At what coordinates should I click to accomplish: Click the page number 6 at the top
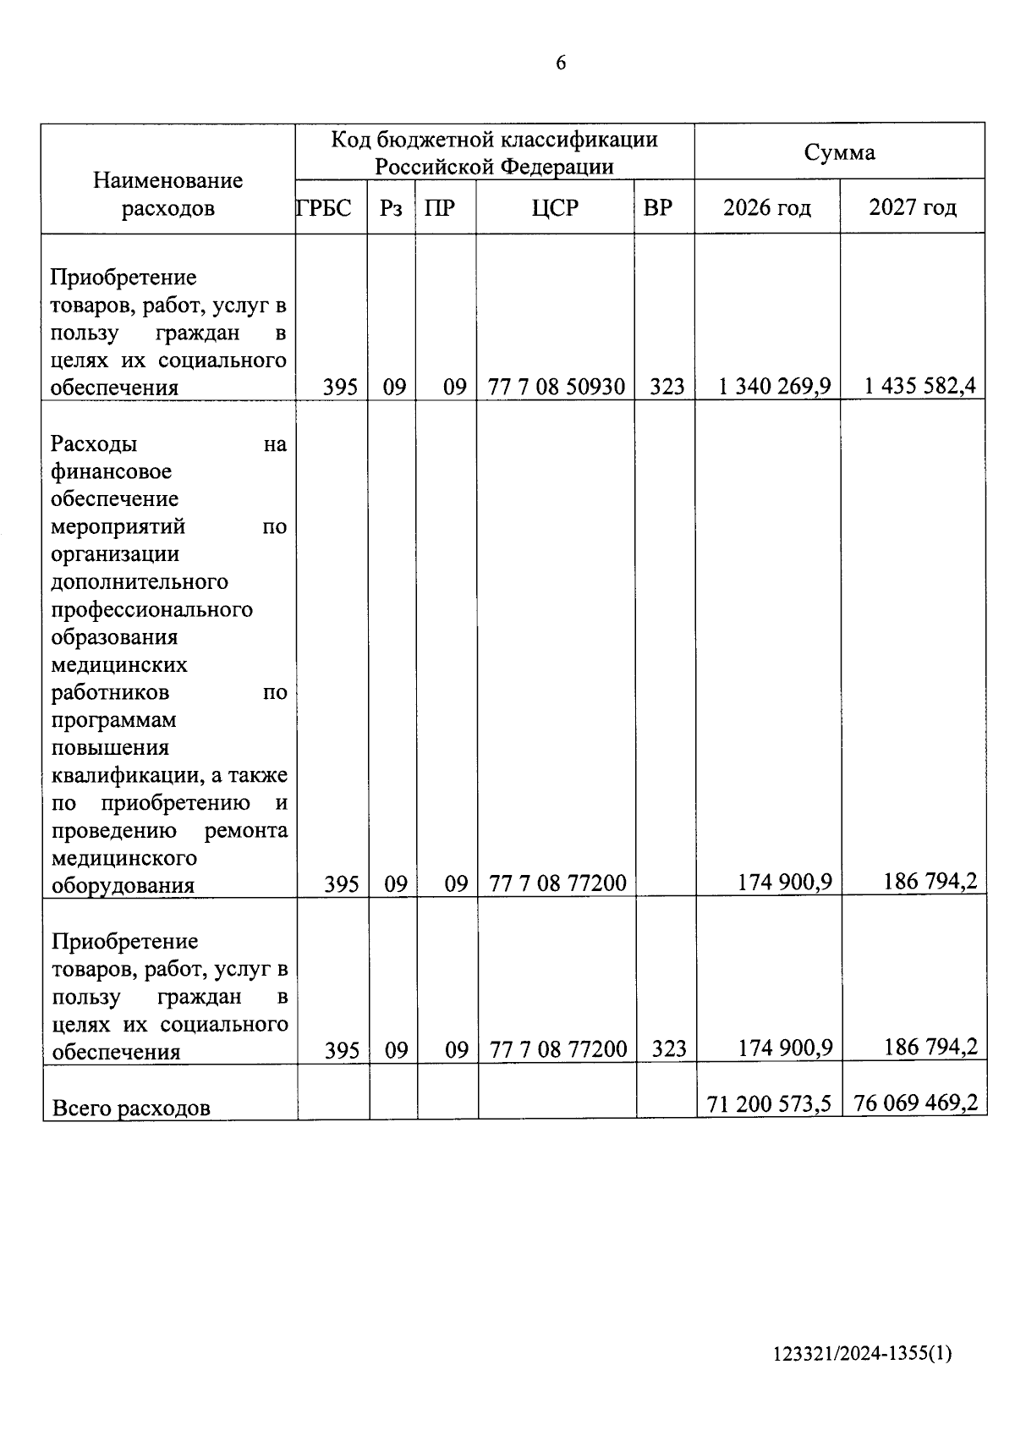click(x=561, y=63)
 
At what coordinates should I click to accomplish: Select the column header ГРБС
click(x=324, y=207)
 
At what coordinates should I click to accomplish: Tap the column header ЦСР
click(x=555, y=207)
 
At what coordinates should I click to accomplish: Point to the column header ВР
click(x=657, y=207)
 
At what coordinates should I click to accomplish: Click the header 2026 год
click(x=766, y=207)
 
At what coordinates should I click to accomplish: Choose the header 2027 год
click(x=913, y=207)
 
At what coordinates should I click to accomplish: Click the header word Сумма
click(x=839, y=152)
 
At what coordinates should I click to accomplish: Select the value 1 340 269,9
click(x=775, y=387)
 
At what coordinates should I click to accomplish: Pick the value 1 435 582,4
click(x=919, y=387)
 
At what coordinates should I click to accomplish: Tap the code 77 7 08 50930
click(x=557, y=388)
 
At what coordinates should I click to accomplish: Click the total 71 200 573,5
click(x=769, y=1103)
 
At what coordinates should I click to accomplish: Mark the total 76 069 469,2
click(x=915, y=1103)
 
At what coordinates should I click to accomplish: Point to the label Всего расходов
click(x=131, y=1108)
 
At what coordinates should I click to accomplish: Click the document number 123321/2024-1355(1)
click(x=862, y=1354)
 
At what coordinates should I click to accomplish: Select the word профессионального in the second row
click(x=152, y=609)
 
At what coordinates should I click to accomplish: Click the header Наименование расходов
click(x=167, y=194)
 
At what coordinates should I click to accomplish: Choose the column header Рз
click(x=391, y=207)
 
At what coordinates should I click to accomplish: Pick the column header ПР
click(x=440, y=207)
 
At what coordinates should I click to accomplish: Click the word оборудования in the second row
click(x=123, y=885)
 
